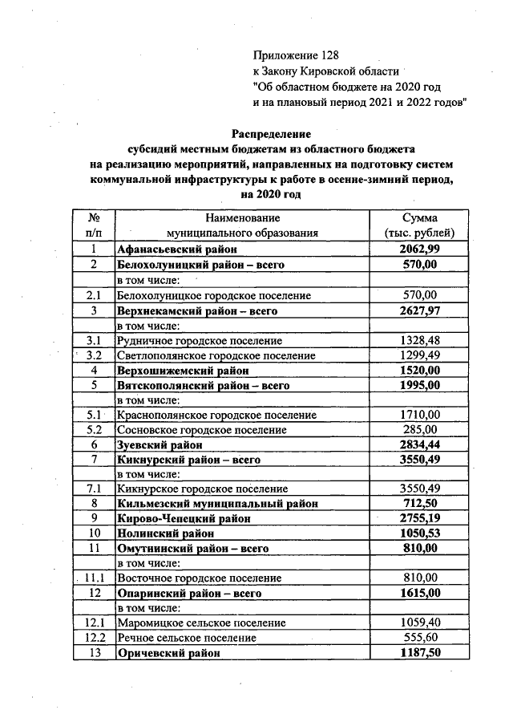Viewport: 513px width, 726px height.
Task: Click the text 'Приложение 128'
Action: pyautogui.click(x=297, y=55)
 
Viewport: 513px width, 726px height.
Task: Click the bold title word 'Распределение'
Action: pyautogui.click(x=271, y=133)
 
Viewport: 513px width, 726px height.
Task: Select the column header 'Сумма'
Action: pyautogui.click(x=419, y=218)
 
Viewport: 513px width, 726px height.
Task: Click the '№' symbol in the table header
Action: pyautogui.click(x=94, y=218)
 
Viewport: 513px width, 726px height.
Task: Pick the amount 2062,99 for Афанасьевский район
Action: pyautogui.click(x=419, y=249)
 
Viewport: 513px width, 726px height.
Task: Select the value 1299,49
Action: pyautogui.click(x=419, y=355)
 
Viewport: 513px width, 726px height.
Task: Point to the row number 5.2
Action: pyautogui.click(x=94, y=429)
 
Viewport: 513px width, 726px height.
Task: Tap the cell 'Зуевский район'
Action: pyautogui.click(x=160, y=444)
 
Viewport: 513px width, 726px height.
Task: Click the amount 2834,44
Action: pyautogui.click(x=419, y=444)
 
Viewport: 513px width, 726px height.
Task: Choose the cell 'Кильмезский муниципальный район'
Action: pyautogui.click(x=217, y=504)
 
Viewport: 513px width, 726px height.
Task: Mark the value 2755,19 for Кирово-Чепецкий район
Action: pyautogui.click(x=419, y=518)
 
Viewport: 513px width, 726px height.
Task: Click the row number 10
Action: pyautogui.click(x=94, y=533)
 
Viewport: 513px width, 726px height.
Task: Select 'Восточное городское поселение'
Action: pyautogui.click(x=200, y=578)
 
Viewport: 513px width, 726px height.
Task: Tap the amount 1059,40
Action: pyautogui.click(x=419, y=622)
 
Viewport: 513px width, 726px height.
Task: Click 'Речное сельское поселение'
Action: pyautogui.click(x=187, y=637)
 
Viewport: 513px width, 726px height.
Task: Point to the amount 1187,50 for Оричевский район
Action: pyautogui.click(x=419, y=652)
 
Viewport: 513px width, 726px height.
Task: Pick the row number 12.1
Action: pyautogui.click(x=94, y=622)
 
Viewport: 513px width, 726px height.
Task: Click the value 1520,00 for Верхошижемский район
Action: pyautogui.click(x=419, y=371)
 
